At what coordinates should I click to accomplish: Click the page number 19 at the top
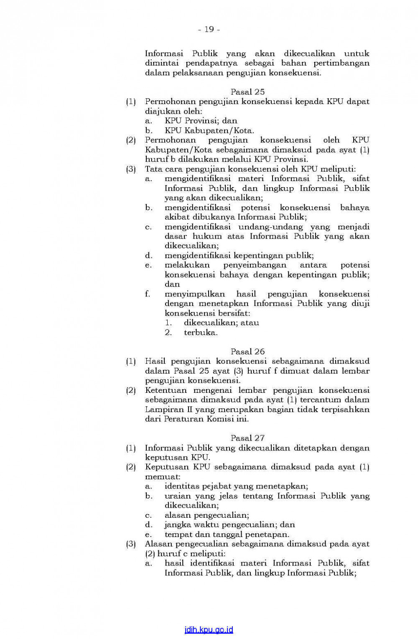[209, 29]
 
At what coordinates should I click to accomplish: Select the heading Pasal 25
[247, 92]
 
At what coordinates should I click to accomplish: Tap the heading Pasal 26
[247, 351]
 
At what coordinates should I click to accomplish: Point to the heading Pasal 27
[247, 438]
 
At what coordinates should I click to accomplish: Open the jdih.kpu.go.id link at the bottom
[209, 630]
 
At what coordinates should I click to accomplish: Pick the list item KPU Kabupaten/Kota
[209, 130]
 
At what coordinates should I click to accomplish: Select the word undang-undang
[270, 227]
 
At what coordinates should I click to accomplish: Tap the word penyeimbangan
[255, 265]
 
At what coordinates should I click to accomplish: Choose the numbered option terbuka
[201, 333]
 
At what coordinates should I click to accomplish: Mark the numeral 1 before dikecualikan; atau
[168, 323]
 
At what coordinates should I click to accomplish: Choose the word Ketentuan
[166, 390]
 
